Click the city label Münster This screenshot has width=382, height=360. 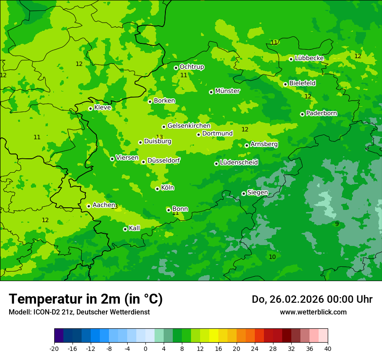point(227,91)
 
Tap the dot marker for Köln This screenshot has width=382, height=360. point(157,189)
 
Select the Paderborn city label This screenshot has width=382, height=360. point(322,114)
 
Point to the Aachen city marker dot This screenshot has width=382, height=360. point(89,206)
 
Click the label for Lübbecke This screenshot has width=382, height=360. point(309,58)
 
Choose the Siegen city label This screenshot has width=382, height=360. point(257,193)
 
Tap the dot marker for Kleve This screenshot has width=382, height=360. point(90,108)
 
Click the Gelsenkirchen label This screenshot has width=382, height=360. point(189,126)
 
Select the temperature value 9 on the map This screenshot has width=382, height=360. point(337,224)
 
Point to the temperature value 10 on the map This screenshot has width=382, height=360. point(272,257)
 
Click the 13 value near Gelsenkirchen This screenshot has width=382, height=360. point(159,137)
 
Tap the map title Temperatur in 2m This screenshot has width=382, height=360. point(86,299)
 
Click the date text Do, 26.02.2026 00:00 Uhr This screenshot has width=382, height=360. point(312,299)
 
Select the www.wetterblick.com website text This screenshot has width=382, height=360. point(313,312)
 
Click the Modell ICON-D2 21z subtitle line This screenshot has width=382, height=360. point(79,312)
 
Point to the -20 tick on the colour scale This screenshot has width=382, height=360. point(54,349)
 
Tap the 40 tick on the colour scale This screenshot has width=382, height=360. point(327,349)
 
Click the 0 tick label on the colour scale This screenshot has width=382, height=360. point(145,349)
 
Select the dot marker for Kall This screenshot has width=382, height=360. point(125,229)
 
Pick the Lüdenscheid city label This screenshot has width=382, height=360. point(239,163)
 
